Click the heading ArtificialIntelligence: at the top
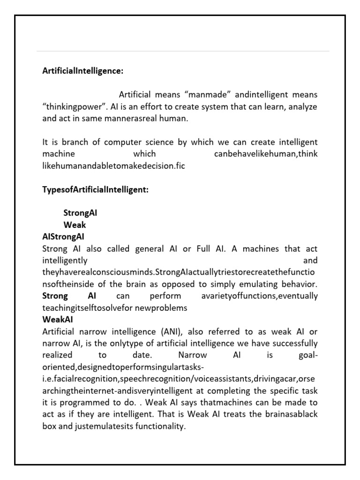pyautogui.click(x=82, y=71)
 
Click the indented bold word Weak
pyautogui.click(x=75, y=225)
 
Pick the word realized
pyautogui.click(x=58, y=355)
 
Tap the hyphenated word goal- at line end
pyautogui.click(x=308, y=355)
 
